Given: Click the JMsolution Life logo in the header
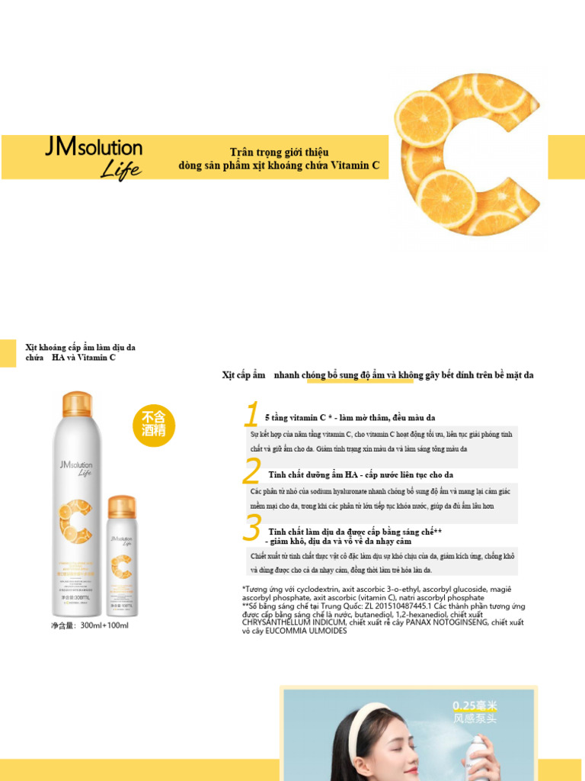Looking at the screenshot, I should (x=94, y=157).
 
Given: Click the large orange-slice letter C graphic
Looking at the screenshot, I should (x=465, y=153).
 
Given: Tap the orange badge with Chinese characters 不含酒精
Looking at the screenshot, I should (x=154, y=423).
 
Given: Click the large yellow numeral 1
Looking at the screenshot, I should (x=251, y=416).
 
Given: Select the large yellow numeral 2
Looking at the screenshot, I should (x=251, y=472).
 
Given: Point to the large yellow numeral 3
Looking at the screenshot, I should (x=252, y=529).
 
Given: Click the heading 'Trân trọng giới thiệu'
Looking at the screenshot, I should (x=279, y=153).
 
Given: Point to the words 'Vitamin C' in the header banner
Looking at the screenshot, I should (x=355, y=166).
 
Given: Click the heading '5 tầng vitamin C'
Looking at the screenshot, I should (x=296, y=418).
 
